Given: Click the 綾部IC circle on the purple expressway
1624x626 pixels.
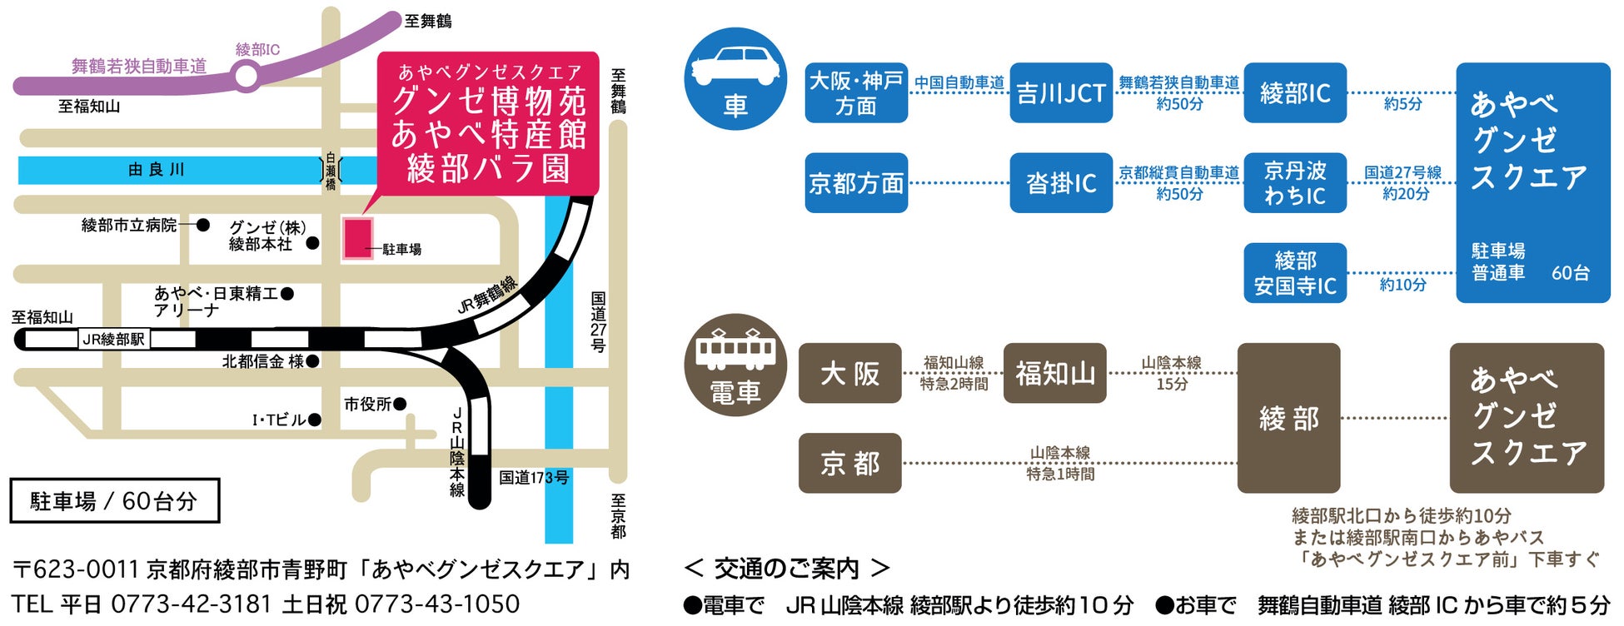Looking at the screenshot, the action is click(x=247, y=77).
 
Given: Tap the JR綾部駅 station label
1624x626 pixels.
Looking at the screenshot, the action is click(x=114, y=339).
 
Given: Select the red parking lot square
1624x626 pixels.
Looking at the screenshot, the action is click(x=358, y=238).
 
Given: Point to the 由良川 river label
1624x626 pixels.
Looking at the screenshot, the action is click(x=156, y=170).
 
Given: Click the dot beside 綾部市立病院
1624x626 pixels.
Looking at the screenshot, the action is click(x=202, y=225).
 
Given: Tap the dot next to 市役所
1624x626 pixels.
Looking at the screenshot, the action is click(x=400, y=404).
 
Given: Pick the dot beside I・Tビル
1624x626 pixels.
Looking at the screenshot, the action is click(x=314, y=420).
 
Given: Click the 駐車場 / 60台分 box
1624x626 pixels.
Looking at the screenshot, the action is click(x=115, y=500).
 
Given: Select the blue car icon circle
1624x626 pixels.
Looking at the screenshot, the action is click(x=735, y=79).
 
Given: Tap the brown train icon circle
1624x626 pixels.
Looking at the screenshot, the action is click(x=735, y=365).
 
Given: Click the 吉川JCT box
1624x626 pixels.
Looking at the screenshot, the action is click(x=1061, y=92).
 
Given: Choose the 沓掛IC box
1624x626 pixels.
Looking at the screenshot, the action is click(x=1061, y=182).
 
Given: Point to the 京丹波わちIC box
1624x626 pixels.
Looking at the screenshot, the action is click(x=1295, y=182).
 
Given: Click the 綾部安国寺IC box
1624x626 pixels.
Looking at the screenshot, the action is click(x=1295, y=273).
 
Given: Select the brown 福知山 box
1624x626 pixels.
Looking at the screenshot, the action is click(x=1055, y=373).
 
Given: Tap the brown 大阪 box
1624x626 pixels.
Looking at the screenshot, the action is click(x=849, y=373).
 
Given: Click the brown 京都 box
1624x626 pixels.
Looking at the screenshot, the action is click(x=849, y=463).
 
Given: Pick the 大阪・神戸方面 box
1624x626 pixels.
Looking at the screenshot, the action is click(x=856, y=92).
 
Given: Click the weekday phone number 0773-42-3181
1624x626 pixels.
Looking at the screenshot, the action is click(x=191, y=604).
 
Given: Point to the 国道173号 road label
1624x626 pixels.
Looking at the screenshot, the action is click(x=534, y=477).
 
